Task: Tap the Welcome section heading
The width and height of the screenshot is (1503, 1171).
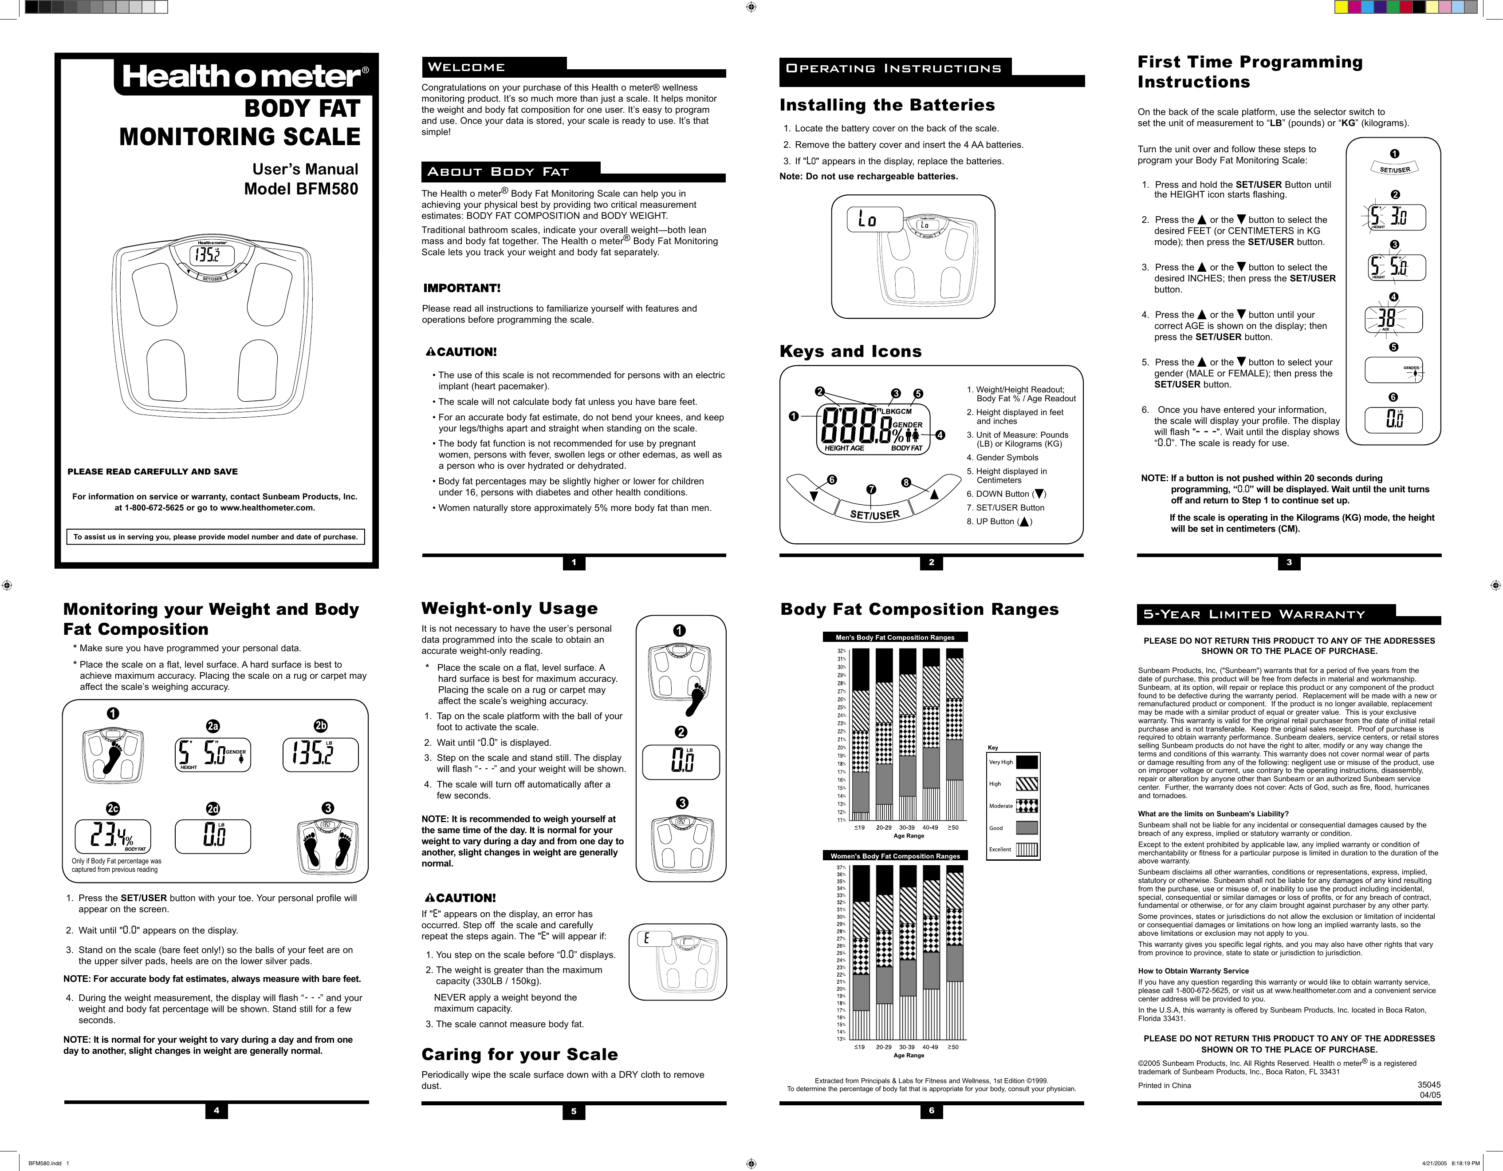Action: (x=467, y=67)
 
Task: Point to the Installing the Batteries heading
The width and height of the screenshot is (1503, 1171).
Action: (x=887, y=105)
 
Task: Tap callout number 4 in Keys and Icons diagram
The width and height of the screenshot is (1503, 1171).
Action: (x=940, y=435)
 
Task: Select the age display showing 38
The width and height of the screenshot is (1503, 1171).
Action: (x=1387, y=319)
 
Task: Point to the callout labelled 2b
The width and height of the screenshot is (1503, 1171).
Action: (x=321, y=726)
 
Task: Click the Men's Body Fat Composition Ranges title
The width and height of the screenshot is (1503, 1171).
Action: (x=895, y=637)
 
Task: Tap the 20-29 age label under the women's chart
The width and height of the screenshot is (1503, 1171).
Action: (x=884, y=1047)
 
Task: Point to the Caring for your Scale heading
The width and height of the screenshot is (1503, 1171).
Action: (x=519, y=1055)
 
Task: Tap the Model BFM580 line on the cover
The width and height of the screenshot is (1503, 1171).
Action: (x=301, y=189)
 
